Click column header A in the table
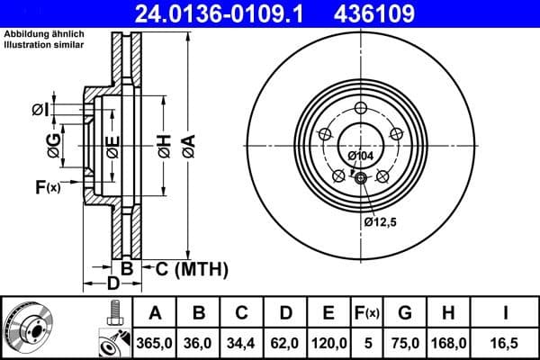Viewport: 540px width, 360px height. [155, 313]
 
